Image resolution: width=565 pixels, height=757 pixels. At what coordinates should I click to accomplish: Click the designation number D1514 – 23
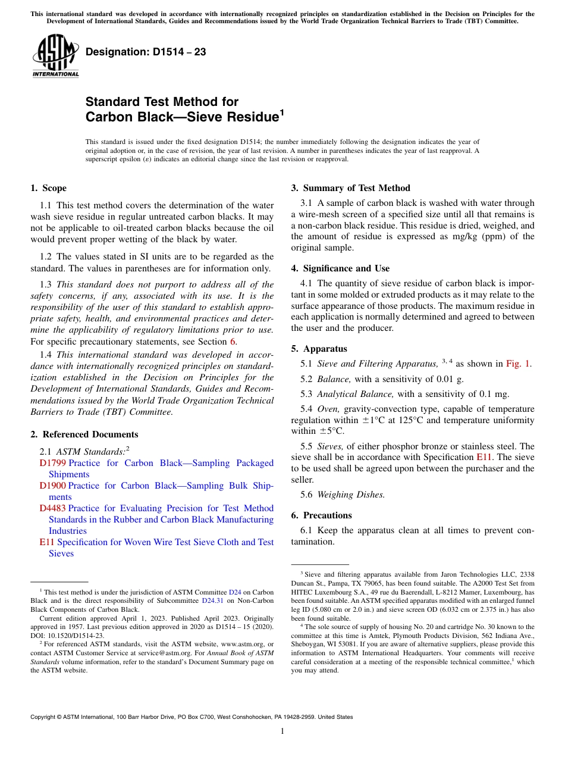(146, 52)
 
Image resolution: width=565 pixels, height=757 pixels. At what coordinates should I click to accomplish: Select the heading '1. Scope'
(48, 188)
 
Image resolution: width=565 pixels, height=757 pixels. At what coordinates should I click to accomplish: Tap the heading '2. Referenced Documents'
(84, 434)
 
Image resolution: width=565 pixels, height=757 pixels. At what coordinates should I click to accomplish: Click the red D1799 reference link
(53, 463)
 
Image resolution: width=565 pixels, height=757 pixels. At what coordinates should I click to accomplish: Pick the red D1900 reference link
(53, 486)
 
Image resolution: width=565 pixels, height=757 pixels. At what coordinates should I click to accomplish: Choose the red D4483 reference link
(53, 508)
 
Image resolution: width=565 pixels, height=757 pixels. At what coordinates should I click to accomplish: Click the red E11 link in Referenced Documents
(47, 542)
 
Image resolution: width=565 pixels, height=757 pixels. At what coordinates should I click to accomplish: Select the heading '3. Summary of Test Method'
(350, 188)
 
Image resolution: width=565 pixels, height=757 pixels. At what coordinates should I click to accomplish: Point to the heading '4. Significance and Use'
(340, 268)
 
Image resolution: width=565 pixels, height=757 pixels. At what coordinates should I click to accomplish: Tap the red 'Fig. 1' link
(519, 364)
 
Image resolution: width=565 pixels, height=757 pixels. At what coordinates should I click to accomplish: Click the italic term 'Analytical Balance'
(356, 394)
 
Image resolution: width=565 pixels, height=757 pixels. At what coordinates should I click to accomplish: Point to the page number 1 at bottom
(282, 731)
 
